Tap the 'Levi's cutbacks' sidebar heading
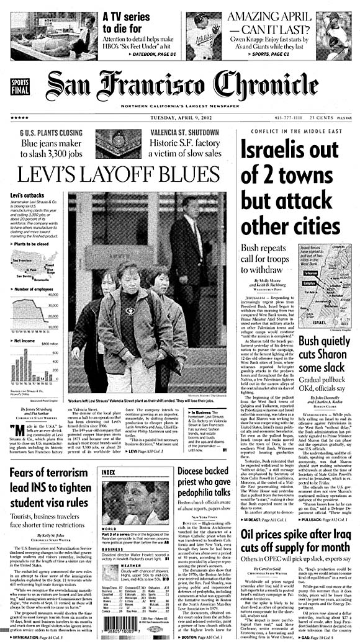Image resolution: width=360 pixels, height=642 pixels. pos(26,195)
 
